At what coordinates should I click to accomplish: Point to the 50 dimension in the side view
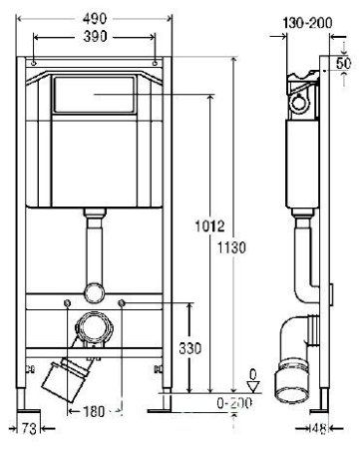click(344, 62)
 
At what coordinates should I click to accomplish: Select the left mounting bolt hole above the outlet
click(65, 301)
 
